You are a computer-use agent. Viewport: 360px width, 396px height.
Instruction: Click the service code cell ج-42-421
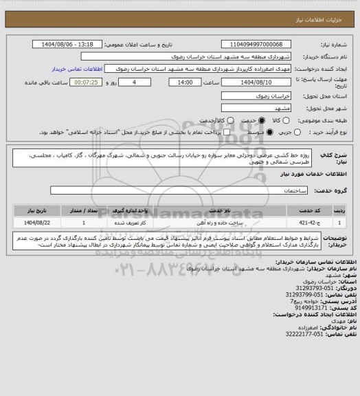pyautogui.click(x=308, y=223)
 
